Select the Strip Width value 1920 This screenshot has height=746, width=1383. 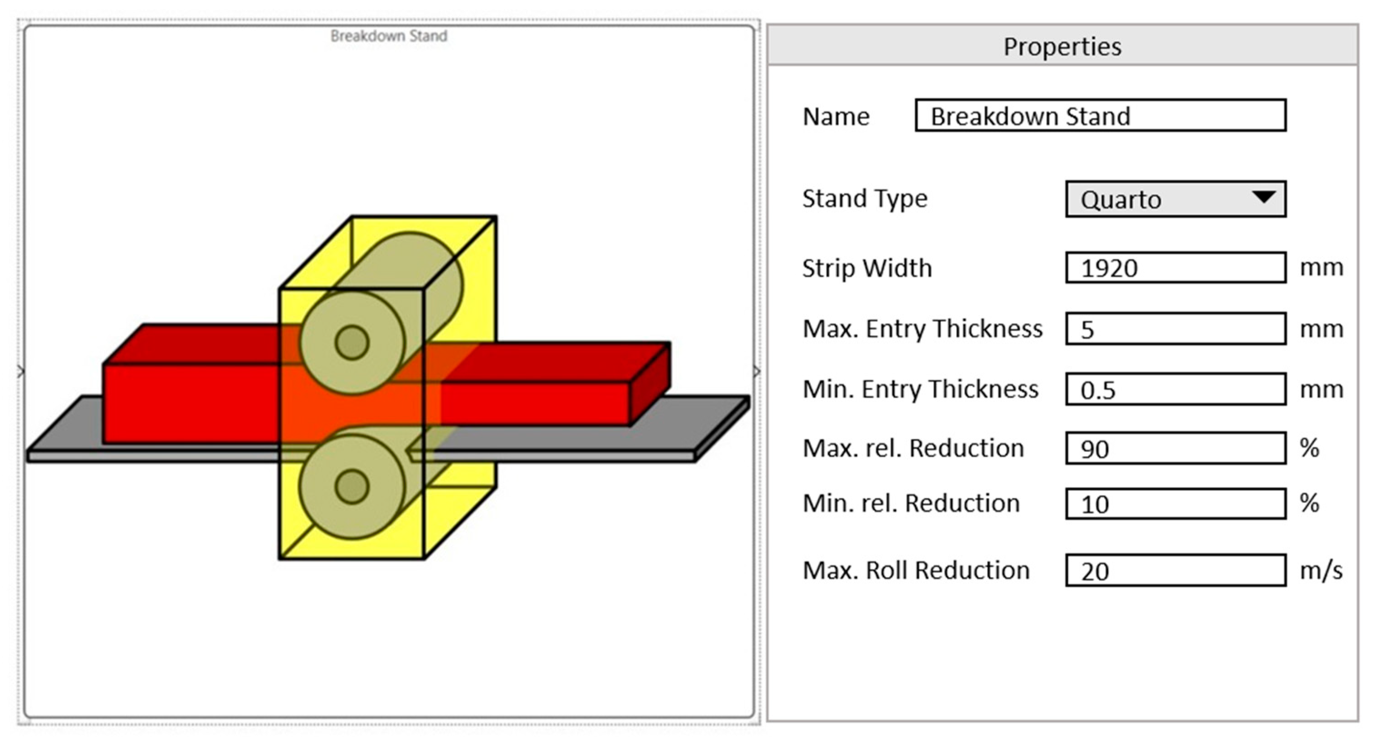click(x=1109, y=268)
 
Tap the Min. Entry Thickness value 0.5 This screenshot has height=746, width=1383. click(x=1098, y=390)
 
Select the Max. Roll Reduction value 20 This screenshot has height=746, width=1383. click(x=1095, y=571)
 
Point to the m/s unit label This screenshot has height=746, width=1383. click(x=1321, y=571)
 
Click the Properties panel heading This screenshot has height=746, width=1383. click(x=1062, y=47)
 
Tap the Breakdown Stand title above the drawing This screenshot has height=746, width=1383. click(x=389, y=36)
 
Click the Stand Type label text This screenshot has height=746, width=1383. click(x=864, y=198)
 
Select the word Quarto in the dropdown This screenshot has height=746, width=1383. click(x=1121, y=200)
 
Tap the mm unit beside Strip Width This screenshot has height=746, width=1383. click(x=1321, y=267)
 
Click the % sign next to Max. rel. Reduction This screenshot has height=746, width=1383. click(x=1309, y=448)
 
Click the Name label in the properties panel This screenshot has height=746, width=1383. click(x=836, y=116)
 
